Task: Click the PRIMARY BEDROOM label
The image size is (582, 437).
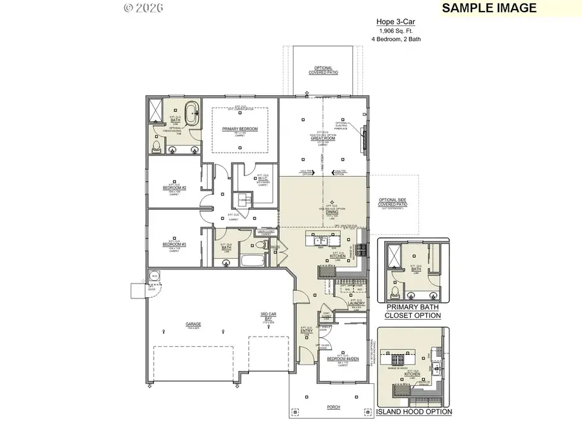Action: coord(240,129)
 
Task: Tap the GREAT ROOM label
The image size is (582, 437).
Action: coord(322,138)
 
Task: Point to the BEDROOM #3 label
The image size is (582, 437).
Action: coord(175,244)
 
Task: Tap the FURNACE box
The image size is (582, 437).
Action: coord(244,200)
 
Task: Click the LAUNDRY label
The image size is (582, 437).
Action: coord(358,304)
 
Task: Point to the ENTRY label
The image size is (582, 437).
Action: coord(307,331)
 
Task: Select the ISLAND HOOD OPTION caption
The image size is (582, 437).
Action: coord(414,411)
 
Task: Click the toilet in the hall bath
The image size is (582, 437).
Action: coord(259,246)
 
